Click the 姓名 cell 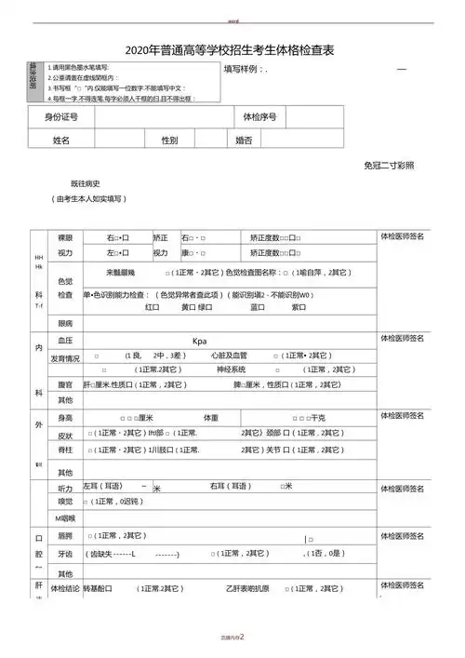pos(61,140)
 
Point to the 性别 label pos(169,140)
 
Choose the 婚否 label pos(244,140)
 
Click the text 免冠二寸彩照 pos(389,165)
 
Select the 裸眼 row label pos(65,237)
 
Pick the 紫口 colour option pos(299,307)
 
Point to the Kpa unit pos(199,342)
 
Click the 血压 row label pos(65,341)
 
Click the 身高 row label pos(65,417)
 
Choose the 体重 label pos(211,417)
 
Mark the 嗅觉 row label pos(65,502)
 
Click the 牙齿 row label pos(65,553)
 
